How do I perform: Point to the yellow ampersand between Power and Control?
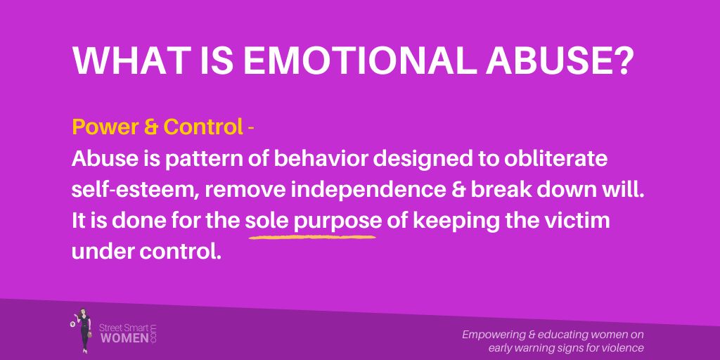150,127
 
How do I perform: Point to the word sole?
266,220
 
